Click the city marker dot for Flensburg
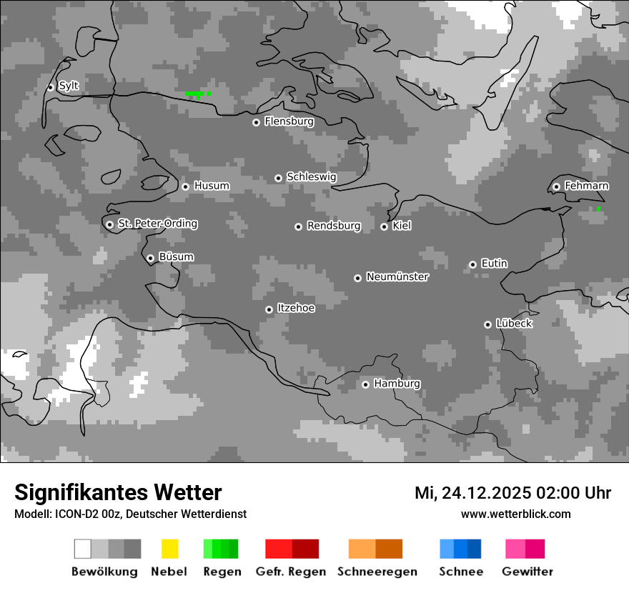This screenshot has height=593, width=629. coord(256,122)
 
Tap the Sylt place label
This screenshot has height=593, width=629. coord(69,86)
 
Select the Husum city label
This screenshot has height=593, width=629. coord(212,186)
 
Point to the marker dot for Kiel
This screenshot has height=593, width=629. coord(384,226)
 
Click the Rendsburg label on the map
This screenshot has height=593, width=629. coord(334,226)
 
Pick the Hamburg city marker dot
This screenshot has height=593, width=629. coord(365,384)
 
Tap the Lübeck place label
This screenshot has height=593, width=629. coord(514,324)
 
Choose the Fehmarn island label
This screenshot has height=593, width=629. coord(587,186)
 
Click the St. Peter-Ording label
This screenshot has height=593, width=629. coord(157,224)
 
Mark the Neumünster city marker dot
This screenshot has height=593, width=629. coord(357,278)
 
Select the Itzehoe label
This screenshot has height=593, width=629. coord(296,308)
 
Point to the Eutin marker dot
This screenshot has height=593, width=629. coord(472,264)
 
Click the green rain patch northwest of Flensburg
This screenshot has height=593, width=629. coord(195,94)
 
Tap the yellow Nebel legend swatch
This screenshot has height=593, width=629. coord(170,549)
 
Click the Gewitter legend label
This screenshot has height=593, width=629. coord(528,572)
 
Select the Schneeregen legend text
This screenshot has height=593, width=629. coord(377,572)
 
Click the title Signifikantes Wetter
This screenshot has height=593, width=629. coord(118,492)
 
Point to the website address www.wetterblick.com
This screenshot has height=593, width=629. coord(516,514)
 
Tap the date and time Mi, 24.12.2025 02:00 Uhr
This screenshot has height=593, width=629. coord(512,493)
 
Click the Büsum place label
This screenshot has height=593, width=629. coord(176,257)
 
